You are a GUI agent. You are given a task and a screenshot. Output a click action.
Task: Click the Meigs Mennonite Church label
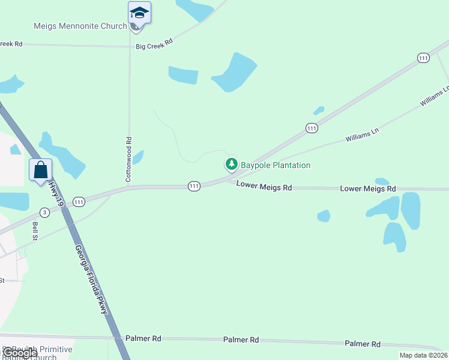[x=80, y=26]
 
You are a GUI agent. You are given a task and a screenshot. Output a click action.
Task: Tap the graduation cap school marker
[x=139, y=13]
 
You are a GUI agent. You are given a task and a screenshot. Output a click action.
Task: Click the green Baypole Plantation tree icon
[x=231, y=164]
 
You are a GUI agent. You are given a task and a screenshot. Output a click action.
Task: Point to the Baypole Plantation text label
[x=276, y=165]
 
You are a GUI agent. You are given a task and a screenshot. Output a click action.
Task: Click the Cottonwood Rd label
[x=128, y=160]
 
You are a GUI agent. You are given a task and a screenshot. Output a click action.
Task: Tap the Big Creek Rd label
[x=154, y=44]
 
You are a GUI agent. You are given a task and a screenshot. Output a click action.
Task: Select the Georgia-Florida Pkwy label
[x=92, y=280]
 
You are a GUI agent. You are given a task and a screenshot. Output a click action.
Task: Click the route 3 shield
[x=44, y=212]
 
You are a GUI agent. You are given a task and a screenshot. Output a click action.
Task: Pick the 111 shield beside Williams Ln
[x=311, y=128]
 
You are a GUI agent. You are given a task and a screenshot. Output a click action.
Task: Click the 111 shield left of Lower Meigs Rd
[x=193, y=187]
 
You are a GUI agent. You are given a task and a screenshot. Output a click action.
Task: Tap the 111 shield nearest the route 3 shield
[x=79, y=202]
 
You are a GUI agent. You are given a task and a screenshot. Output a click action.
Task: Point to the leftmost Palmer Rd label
[x=143, y=338]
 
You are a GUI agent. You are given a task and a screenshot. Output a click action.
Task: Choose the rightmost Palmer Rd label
[x=363, y=344]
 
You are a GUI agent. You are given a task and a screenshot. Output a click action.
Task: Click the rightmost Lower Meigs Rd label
[x=368, y=188]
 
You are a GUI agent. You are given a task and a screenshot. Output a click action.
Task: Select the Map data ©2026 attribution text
[x=423, y=355]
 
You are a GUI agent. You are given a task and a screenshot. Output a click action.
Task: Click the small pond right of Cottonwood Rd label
[x=138, y=157]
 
